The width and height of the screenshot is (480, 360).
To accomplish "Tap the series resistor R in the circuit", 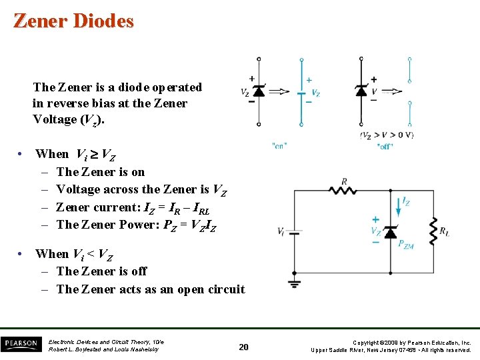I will click(344, 190).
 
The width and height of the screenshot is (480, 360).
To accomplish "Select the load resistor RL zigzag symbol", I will click(433, 230).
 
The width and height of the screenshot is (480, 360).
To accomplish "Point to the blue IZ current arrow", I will click(398, 206).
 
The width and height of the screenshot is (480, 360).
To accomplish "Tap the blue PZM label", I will click(406, 245).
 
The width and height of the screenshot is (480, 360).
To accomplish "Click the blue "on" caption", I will click(279, 146).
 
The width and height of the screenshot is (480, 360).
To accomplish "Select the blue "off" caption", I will click(385, 146).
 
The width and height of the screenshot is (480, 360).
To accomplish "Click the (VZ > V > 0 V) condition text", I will click(387, 135).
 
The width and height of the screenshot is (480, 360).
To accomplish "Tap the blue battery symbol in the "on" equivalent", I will click(301, 91).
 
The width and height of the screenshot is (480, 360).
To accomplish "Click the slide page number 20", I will click(244, 347).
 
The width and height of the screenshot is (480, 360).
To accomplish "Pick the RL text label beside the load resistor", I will click(445, 232).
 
